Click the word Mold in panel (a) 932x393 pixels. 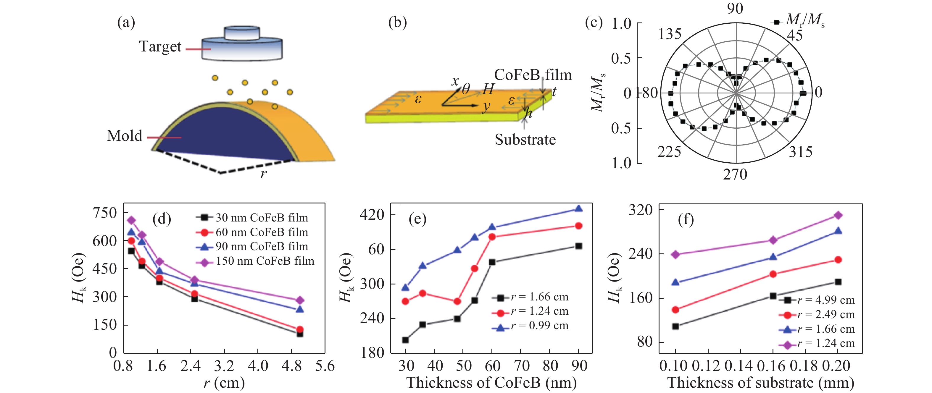click(125, 136)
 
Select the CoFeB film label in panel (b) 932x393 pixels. click(533, 75)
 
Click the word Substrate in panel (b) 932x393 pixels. click(525, 140)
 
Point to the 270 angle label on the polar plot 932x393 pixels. click(735, 175)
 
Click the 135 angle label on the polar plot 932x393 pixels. click(670, 34)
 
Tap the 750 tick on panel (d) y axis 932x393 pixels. click(105, 213)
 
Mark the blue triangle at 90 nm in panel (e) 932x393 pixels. click(578, 208)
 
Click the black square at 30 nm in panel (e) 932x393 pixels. click(406, 340)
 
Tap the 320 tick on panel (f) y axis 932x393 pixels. click(640, 210)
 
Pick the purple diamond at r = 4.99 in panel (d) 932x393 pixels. click(299, 300)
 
